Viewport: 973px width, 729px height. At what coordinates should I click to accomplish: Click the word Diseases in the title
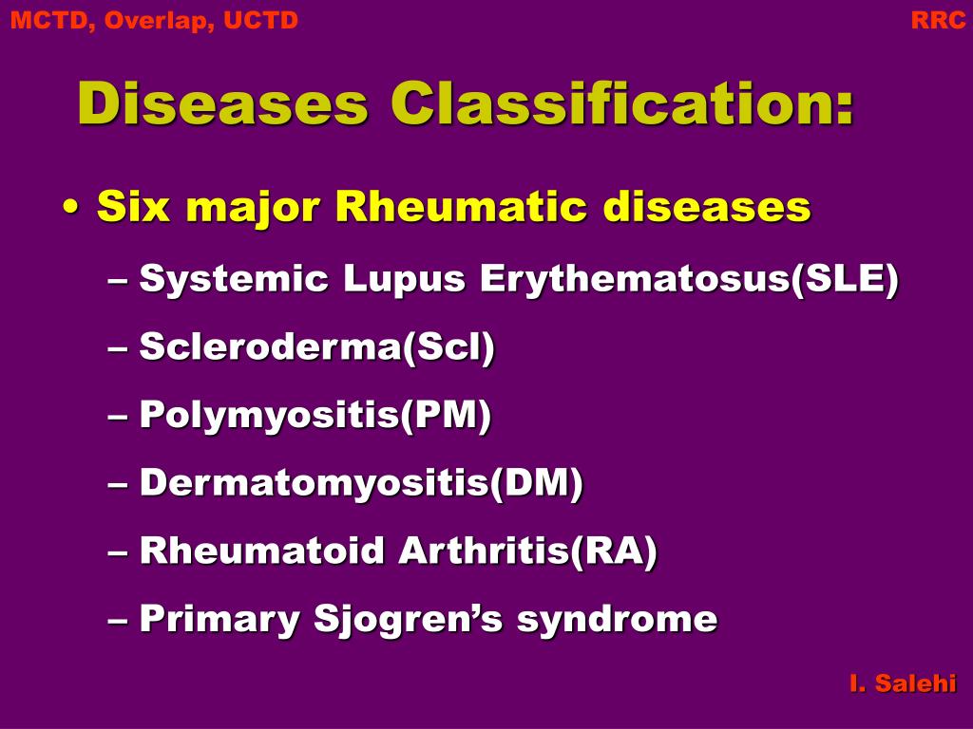(222, 103)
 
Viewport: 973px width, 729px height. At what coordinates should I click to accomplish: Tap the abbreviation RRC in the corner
(938, 20)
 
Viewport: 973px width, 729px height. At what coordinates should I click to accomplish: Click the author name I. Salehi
(903, 683)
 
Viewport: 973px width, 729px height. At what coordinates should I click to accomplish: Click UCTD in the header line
(260, 20)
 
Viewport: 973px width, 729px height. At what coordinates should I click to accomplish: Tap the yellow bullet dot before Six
(71, 207)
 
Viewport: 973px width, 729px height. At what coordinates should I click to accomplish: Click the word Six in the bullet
(133, 206)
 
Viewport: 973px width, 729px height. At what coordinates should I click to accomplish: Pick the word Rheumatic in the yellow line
(461, 206)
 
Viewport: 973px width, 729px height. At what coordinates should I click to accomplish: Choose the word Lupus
(404, 279)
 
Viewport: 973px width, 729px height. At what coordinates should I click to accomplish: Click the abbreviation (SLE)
(845, 279)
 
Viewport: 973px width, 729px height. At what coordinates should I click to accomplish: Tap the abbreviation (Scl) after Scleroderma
(448, 346)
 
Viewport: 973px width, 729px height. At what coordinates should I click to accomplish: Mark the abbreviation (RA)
(613, 551)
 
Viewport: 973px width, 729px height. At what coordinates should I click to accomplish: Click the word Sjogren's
(408, 619)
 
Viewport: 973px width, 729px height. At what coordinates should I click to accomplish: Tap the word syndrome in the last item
(617, 619)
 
